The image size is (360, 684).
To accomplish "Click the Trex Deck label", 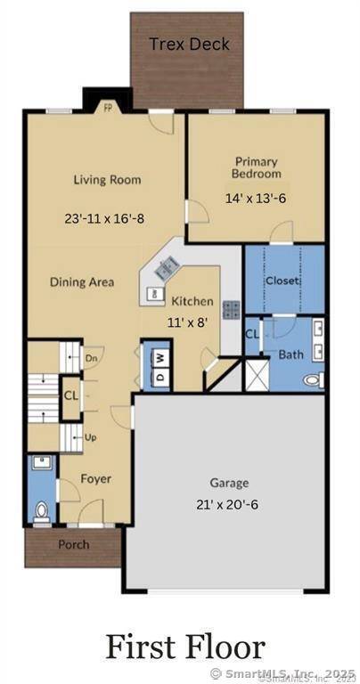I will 189,44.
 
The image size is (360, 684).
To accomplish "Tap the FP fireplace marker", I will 108,107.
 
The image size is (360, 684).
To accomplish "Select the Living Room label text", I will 107,180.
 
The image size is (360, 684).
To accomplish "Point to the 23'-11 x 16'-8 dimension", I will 107,216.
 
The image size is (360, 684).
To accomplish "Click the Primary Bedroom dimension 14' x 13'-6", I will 257,200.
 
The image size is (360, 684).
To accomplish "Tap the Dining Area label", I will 82,282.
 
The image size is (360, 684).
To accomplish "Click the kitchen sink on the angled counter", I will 167,265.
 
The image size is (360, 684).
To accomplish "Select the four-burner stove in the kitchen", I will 231,310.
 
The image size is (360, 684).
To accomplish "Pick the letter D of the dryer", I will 160,377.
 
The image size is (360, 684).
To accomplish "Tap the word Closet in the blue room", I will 282,281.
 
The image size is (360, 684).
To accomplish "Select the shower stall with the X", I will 258,374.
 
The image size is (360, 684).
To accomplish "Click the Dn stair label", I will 90,359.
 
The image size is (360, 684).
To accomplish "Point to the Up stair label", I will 90,438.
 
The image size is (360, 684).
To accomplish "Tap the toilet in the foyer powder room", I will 41,511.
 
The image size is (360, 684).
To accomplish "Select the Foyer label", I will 96,479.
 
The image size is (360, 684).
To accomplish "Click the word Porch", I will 73,544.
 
